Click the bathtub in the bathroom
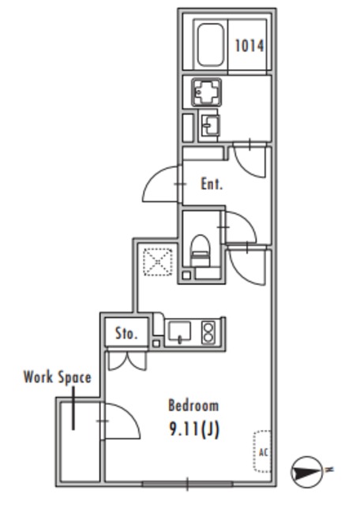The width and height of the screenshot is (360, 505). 211,45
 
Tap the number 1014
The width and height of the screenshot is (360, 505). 249,46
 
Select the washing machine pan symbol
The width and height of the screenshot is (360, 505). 206,92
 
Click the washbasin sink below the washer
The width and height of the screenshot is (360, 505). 209,125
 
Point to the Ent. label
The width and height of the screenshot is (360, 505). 212,184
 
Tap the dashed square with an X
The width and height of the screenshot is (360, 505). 158,262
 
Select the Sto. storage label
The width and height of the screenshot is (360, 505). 126,333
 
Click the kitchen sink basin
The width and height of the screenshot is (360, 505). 179,331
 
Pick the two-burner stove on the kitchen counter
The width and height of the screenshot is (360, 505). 208,332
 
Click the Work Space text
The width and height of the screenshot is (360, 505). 58,377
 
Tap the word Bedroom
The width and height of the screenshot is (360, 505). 193,405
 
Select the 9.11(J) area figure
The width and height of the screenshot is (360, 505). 194,429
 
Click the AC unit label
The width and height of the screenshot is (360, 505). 264,452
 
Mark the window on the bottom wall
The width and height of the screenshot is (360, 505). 187,484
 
